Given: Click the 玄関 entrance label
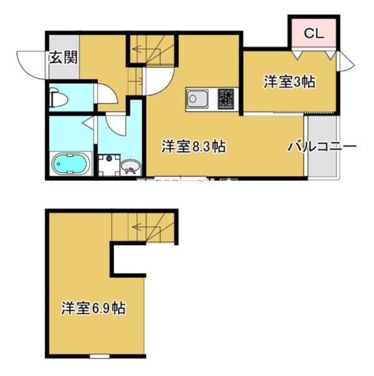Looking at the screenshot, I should click(63, 59).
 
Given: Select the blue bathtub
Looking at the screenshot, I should click(71, 164).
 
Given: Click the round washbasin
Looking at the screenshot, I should click(132, 167).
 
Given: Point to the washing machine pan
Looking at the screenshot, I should click(110, 165).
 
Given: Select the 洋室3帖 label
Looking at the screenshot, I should click(289, 82).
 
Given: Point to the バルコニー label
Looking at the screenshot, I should click(321, 147).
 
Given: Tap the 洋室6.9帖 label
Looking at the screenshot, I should click(92, 308).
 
